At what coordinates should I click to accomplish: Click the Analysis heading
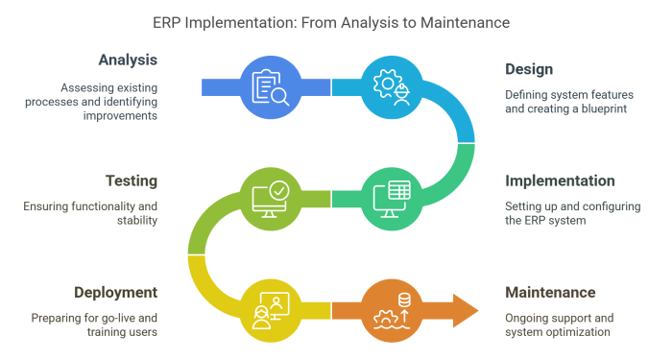127,60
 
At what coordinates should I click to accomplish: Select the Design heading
530,69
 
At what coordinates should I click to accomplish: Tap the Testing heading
131,180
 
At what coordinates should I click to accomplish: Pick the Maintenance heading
551,292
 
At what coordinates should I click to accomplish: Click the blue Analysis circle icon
272,87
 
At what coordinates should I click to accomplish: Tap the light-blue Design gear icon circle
392,87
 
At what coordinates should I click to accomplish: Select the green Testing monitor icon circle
272,198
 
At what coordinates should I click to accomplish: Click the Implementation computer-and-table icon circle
392,198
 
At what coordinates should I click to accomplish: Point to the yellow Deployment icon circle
272,309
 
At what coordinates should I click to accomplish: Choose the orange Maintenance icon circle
392,309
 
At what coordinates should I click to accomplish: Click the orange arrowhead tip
474,309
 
